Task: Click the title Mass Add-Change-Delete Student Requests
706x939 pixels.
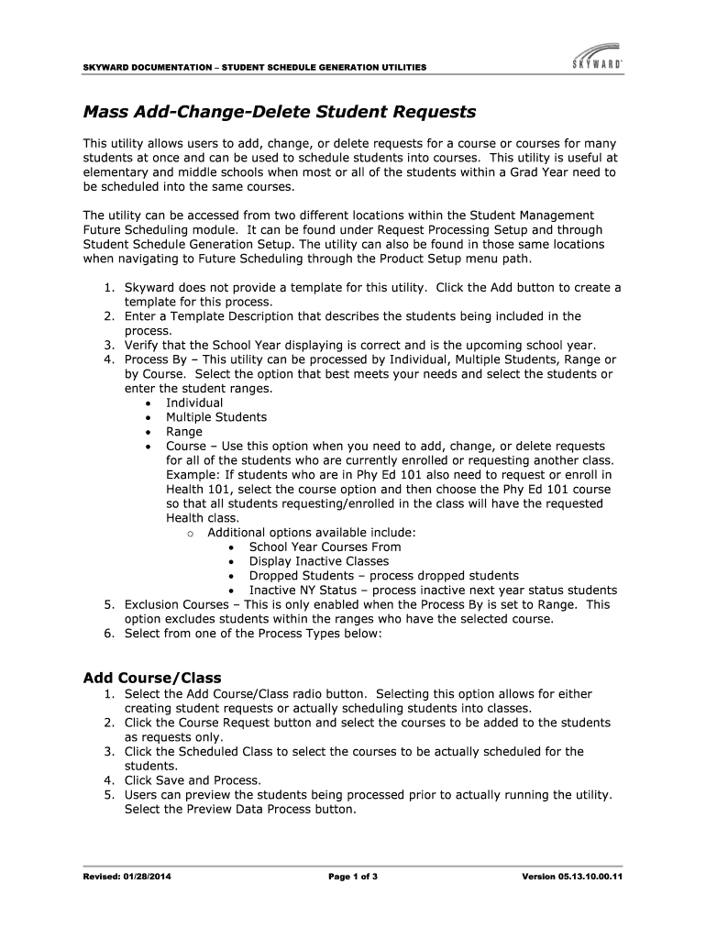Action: (280, 112)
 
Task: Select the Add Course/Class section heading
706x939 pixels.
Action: (147, 678)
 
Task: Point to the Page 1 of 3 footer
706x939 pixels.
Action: (353, 877)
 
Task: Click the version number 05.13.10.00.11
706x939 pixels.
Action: (594, 877)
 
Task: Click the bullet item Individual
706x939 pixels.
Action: (194, 403)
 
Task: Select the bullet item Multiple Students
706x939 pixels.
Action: (216, 417)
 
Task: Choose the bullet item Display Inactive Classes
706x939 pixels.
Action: (319, 561)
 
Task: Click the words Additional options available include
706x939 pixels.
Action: (312, 533)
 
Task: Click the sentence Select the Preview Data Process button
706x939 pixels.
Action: (239, 809)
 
